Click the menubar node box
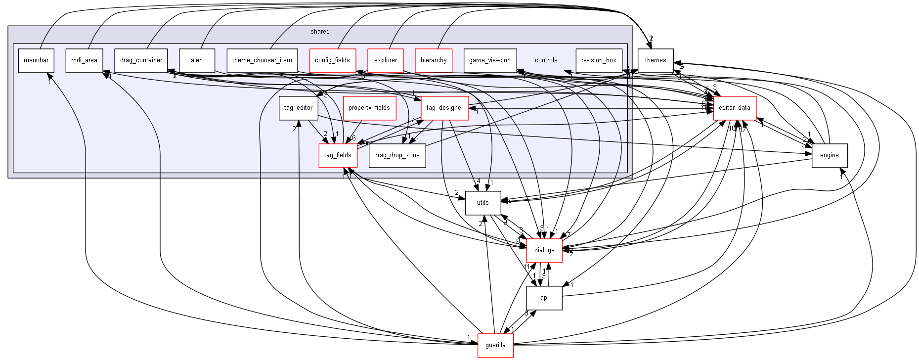coord(36,60)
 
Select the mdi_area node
coord(84,60)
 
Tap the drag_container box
coord(141,60)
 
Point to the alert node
coord(197,60)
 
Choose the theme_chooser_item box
coord(262,60)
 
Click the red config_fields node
coord(332,60)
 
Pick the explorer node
coord(386,60)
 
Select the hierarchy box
coord(434,60)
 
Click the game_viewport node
coord(490,60)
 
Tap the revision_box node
coord(599,60)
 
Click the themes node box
coord(656,60)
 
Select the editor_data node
coord(735,108)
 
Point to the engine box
coord(830,155)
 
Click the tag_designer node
coord(445,108)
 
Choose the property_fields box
coord(369,108)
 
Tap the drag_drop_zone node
coord(397,155)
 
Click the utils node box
coord(483,203)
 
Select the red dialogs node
coord(544,250)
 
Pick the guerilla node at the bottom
coord(495,345)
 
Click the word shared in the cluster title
coord(320,32)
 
